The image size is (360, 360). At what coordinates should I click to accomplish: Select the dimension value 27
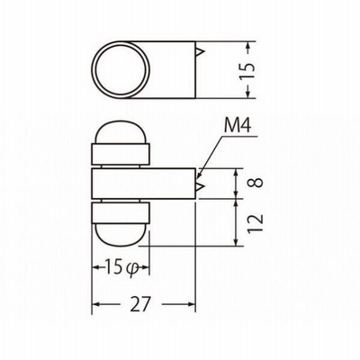(x=140, y=304)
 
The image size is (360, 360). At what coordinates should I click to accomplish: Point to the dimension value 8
(x=256, y=183)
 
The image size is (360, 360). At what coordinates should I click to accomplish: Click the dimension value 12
(x=256, y=223)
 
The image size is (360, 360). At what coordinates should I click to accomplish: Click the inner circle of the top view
(x=121, y=69)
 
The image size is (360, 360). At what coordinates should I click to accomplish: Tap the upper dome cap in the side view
(x=121, y=132)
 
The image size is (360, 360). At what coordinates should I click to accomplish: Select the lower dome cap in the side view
(x=121, y=235)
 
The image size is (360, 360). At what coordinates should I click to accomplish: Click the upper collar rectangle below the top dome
(x=121, y=154)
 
